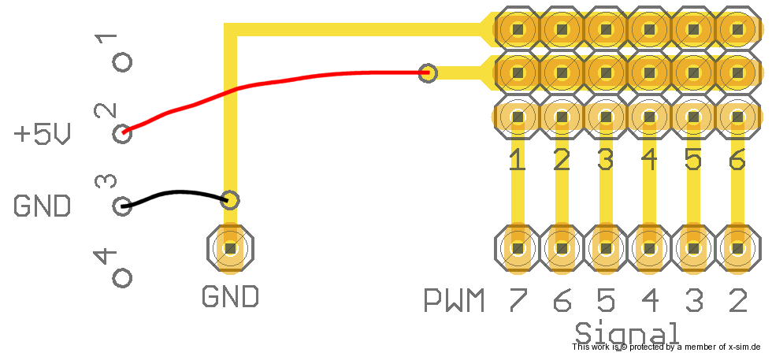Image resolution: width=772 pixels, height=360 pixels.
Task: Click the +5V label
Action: [42, 135]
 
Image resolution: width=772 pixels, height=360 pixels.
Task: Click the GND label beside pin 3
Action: [42, 206]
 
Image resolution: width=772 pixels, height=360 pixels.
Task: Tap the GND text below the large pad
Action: [230, 297]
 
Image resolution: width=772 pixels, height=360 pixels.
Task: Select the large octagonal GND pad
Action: [230, 249]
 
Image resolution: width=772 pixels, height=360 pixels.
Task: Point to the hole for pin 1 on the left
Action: [122, 62]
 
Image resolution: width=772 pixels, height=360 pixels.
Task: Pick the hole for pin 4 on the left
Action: [122, 277]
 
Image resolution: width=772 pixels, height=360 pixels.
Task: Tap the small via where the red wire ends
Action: [428, 73]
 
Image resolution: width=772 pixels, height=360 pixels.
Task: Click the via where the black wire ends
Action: [230, 199]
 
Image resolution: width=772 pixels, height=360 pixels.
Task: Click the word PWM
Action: [454, 300]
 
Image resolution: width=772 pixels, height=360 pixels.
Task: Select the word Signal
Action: [627, 332]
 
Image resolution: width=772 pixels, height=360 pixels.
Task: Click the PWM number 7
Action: [517, 300]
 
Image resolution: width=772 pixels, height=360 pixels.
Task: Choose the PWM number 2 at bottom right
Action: [737, 300]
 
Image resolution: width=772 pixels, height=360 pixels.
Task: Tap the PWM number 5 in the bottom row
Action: [605, 300]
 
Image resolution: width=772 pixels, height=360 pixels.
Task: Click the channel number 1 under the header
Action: [517, 161]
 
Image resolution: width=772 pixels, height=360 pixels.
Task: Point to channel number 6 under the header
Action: [737, 161]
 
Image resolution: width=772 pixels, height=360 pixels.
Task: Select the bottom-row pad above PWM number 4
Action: [650, 249]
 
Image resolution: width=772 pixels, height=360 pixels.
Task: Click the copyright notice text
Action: [666, 347]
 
